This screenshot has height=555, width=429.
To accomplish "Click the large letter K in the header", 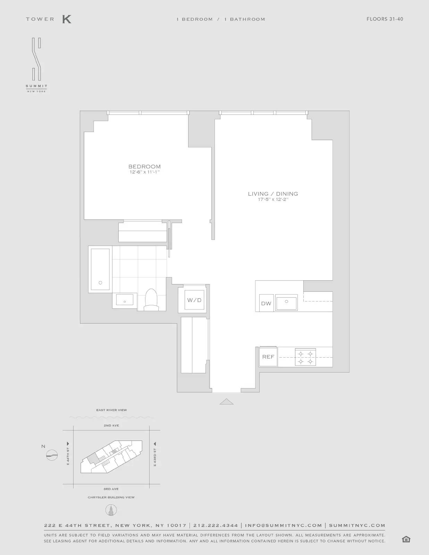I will point(67,19).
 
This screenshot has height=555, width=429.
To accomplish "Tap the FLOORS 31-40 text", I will point(385,19).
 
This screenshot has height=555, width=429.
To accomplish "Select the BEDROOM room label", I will point(144,166).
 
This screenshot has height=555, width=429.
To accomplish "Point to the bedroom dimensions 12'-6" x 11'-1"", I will point(144,172).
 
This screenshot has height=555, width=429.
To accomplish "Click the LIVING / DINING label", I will point(273,194).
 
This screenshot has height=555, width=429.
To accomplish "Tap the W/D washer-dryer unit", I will point(194,300).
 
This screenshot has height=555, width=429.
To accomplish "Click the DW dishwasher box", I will point(266,303).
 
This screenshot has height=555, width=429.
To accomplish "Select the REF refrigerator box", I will point(268,357).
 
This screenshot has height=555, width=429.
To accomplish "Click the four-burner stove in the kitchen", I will point(305,357).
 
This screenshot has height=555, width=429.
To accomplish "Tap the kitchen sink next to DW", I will point(286,303).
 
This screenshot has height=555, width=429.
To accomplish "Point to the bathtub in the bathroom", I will point(100,269).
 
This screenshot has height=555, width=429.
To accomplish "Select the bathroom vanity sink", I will point(125,300).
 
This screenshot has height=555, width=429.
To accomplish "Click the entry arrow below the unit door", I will point(226,401).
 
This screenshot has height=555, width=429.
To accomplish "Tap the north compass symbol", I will point(52,455).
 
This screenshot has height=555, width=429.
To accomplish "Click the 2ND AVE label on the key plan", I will point(111,425).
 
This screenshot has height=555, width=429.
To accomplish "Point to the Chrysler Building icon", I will point(111,510).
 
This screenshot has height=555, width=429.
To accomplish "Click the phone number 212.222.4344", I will point(216,526).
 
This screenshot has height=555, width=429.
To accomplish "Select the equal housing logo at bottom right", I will point(406,539).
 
